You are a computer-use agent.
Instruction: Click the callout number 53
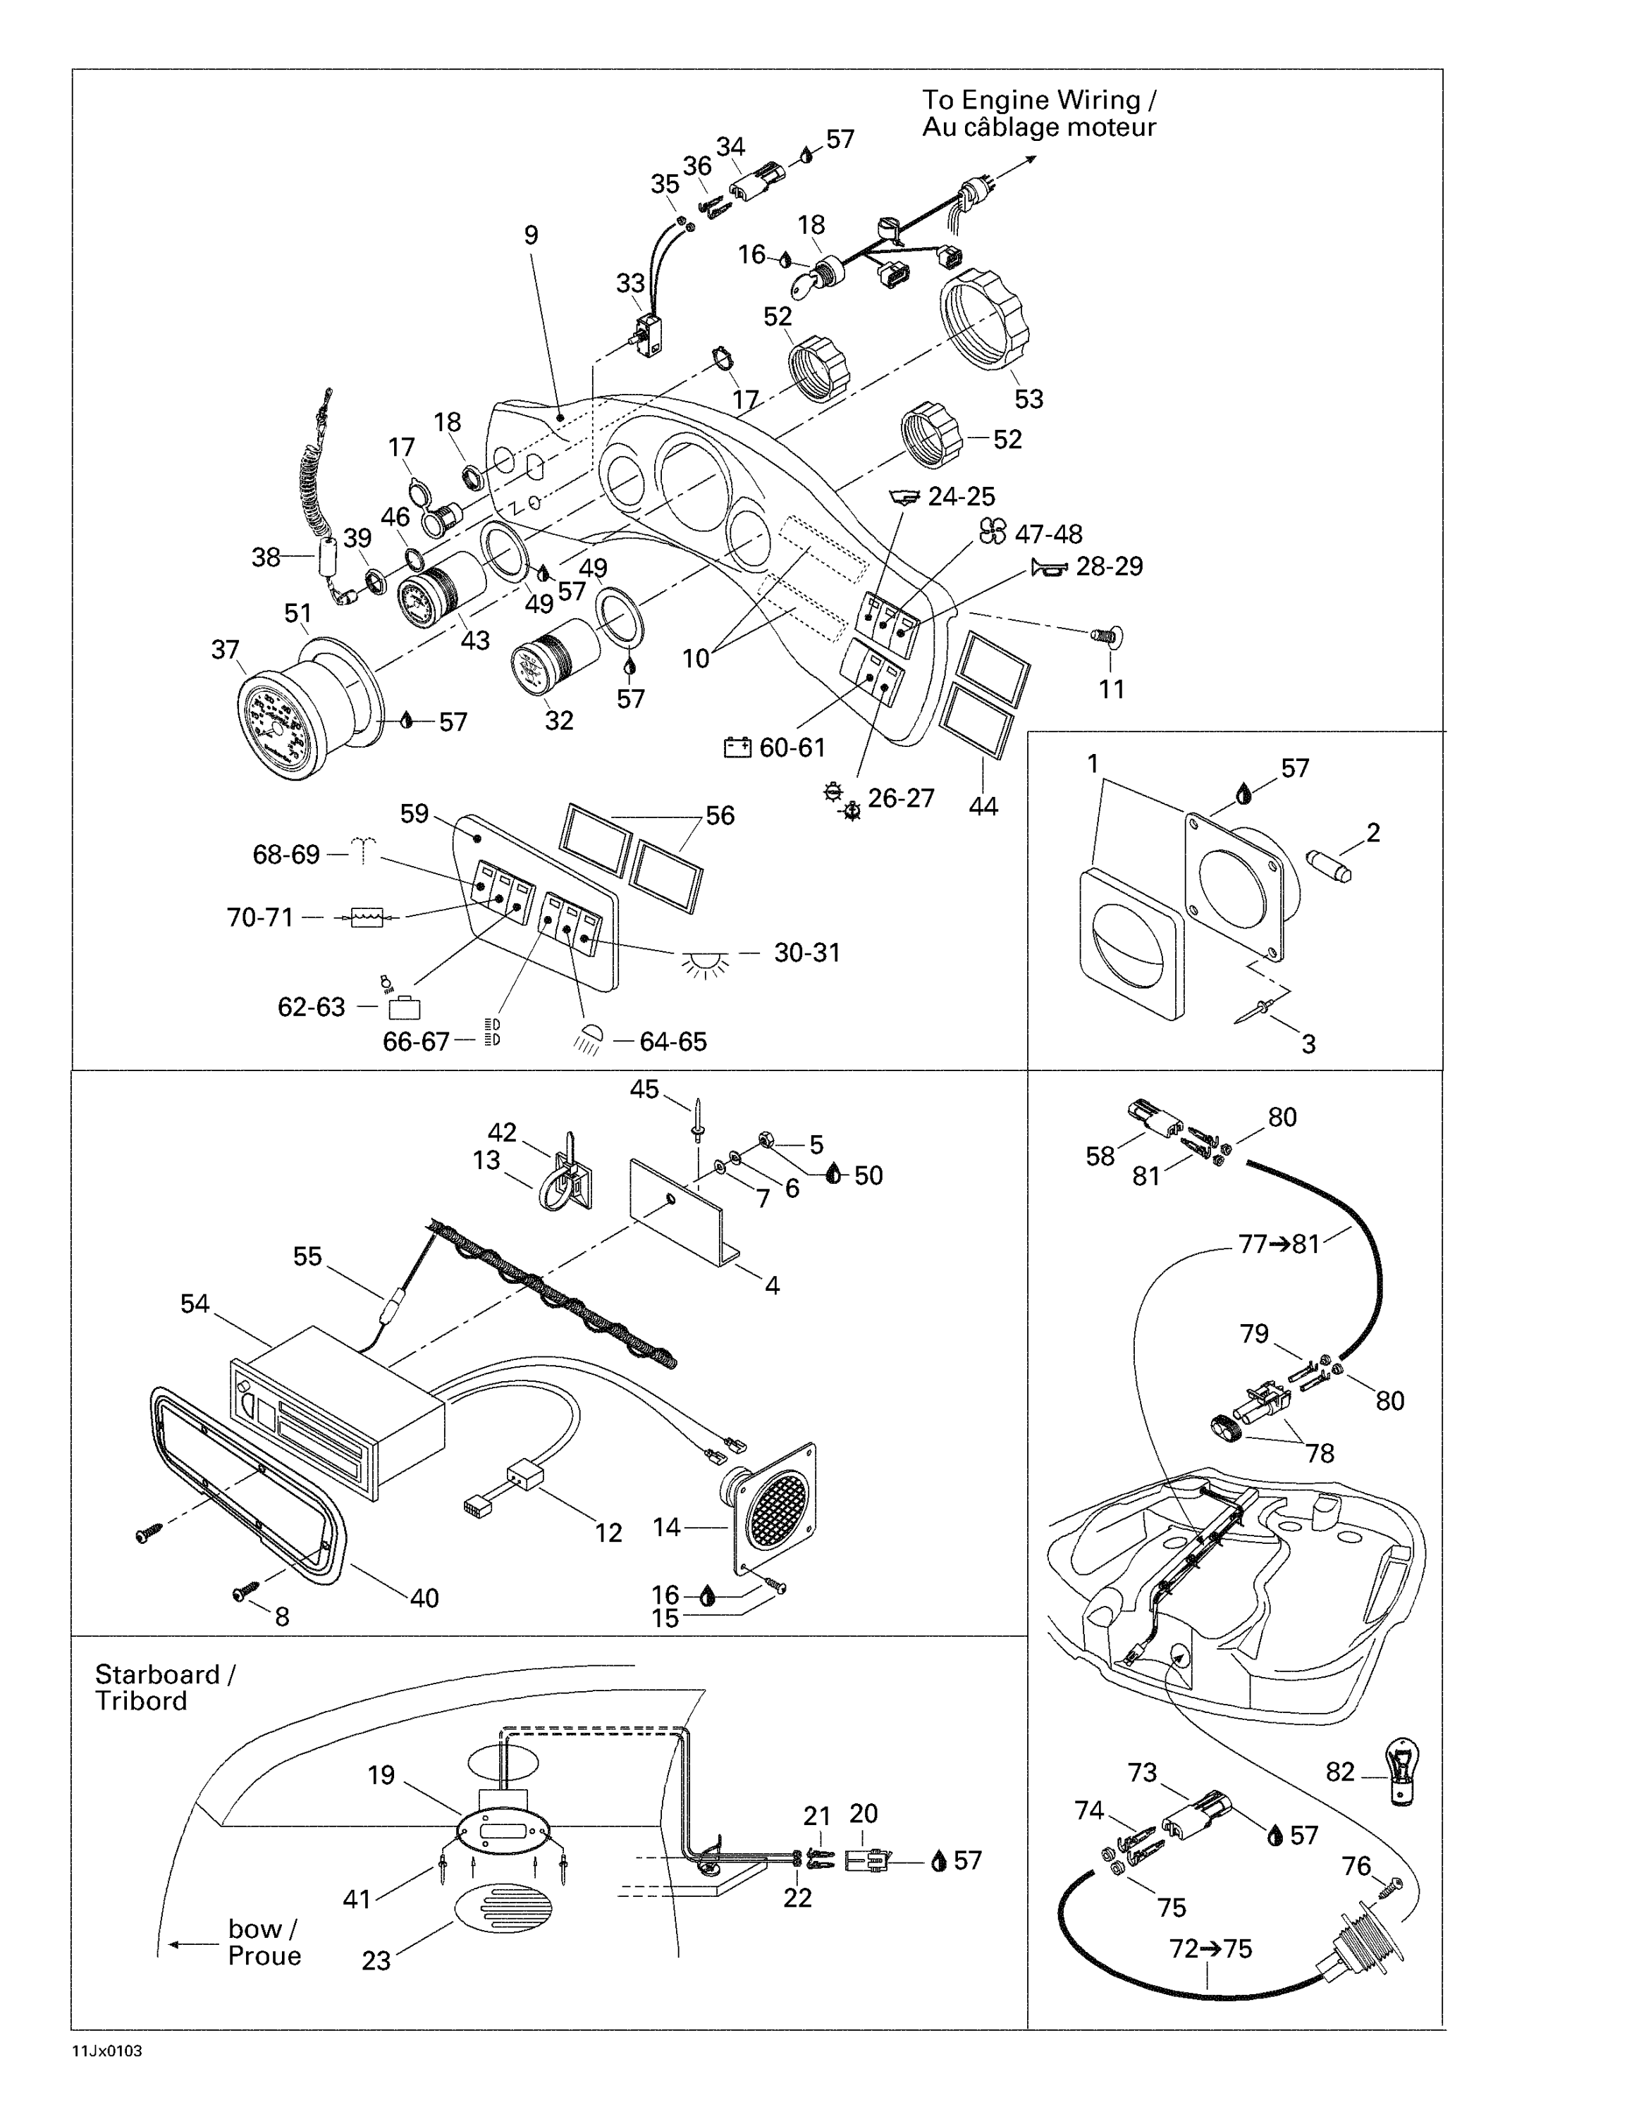pos(1028,399)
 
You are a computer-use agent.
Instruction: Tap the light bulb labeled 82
pos(1403,1772)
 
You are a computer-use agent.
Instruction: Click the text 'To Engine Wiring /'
pos(1038,99)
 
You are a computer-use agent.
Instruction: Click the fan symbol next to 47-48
pos(993,531)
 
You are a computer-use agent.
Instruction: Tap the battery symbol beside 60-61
pos(737,747)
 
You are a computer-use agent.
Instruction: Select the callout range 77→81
pos(1279,1244)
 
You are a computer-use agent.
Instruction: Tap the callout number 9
pos(531,235)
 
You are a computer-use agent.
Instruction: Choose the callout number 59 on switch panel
pos(414,813)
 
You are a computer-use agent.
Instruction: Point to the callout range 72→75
pos(1210,1948)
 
